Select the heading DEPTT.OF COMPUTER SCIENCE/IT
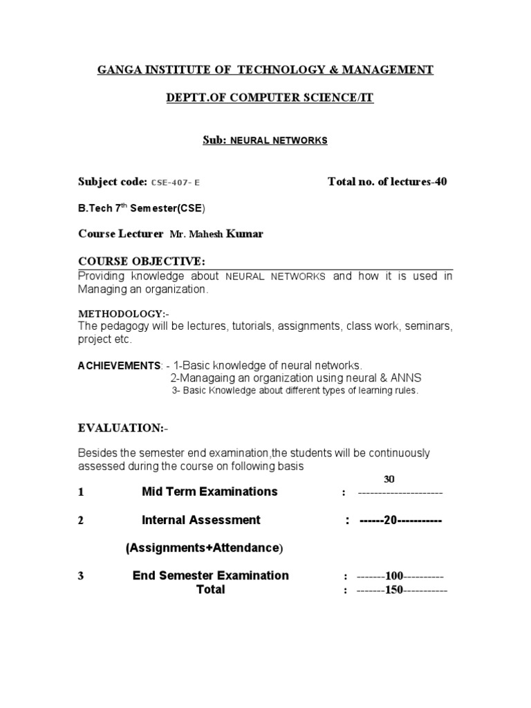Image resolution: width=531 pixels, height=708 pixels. (x=270, y=98)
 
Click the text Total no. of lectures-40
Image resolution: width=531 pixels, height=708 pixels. (x=387, y=182)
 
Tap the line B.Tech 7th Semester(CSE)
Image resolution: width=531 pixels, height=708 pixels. (x=141, y=208)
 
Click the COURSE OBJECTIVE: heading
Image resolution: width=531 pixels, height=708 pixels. (x=142, y=261)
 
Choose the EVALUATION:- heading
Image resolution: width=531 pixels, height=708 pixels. (x=122, y=429)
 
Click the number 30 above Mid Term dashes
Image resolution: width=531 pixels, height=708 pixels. (x=389, y=479)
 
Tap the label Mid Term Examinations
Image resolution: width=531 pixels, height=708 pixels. (x=209, y=492)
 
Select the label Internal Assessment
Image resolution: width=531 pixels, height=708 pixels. (x=201, y=520)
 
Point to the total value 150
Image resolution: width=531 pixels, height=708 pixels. (x=394, y=590)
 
